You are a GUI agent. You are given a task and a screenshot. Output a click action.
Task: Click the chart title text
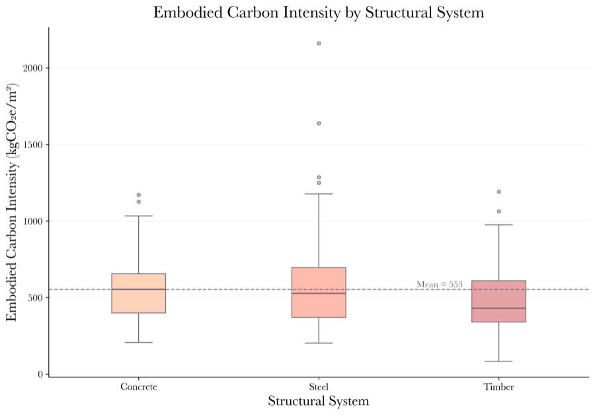(x=318, y=12)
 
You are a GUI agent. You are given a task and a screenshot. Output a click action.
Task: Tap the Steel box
(x=319, y=292)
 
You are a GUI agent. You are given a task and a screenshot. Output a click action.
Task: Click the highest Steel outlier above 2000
(x=319, y=44)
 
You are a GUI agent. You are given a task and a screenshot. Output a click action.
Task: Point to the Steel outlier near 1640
(x=319, y=123)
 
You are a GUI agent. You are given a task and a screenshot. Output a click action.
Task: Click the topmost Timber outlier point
(x=498, y=192)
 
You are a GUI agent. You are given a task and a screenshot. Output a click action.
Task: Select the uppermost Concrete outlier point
(x=139, y=195)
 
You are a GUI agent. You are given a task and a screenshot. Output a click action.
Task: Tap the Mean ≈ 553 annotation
(x=439, y=285)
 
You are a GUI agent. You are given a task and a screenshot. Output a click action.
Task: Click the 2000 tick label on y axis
(x=33, y=68)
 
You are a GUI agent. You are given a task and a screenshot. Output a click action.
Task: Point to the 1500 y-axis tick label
(x=33, y=145)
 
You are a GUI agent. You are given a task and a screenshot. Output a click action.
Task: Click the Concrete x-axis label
(x=139, y=387)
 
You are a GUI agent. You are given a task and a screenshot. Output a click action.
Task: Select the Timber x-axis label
(x=498, y=387)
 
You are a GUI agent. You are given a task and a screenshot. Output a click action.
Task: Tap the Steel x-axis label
(x=319, y=387)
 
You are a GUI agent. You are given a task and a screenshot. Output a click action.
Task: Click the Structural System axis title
(x=318, y=401)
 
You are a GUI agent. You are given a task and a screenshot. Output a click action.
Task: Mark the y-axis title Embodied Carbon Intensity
(x=11, y=203)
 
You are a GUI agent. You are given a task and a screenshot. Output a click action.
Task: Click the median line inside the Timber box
(x=498, y=308)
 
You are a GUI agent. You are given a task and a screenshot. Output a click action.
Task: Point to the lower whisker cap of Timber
(x=498, y=361)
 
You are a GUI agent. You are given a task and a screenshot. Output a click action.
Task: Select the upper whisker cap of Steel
(x=319, y=194)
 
